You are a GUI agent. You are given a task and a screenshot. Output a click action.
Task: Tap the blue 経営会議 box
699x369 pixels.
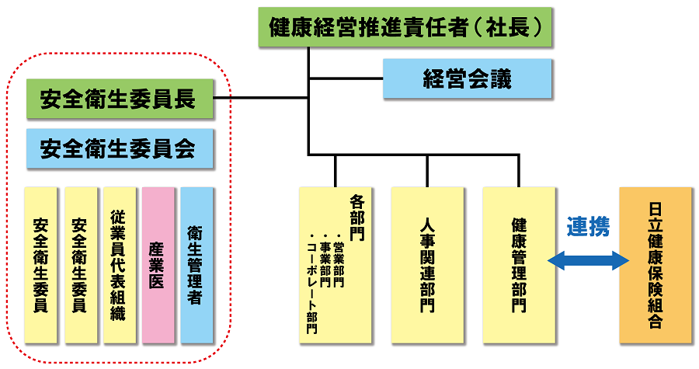click(467, 78)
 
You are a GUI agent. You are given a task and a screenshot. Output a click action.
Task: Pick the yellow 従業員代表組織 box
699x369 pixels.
click(119, 265)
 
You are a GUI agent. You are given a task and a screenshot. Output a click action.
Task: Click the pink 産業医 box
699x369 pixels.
click(158, 265)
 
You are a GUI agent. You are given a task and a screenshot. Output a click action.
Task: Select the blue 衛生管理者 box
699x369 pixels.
click(196, 265)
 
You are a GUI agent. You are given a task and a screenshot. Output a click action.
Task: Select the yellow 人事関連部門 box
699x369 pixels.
click(427, 265)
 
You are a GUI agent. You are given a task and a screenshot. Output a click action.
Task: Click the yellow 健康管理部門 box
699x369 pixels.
click(518, 265)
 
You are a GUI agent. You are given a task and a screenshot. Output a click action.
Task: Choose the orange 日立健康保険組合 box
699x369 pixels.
click(655, 265)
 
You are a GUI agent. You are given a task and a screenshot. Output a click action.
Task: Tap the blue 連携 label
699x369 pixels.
click(587, 226)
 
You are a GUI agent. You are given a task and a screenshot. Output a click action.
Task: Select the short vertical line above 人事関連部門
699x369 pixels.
click(427, 170)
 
